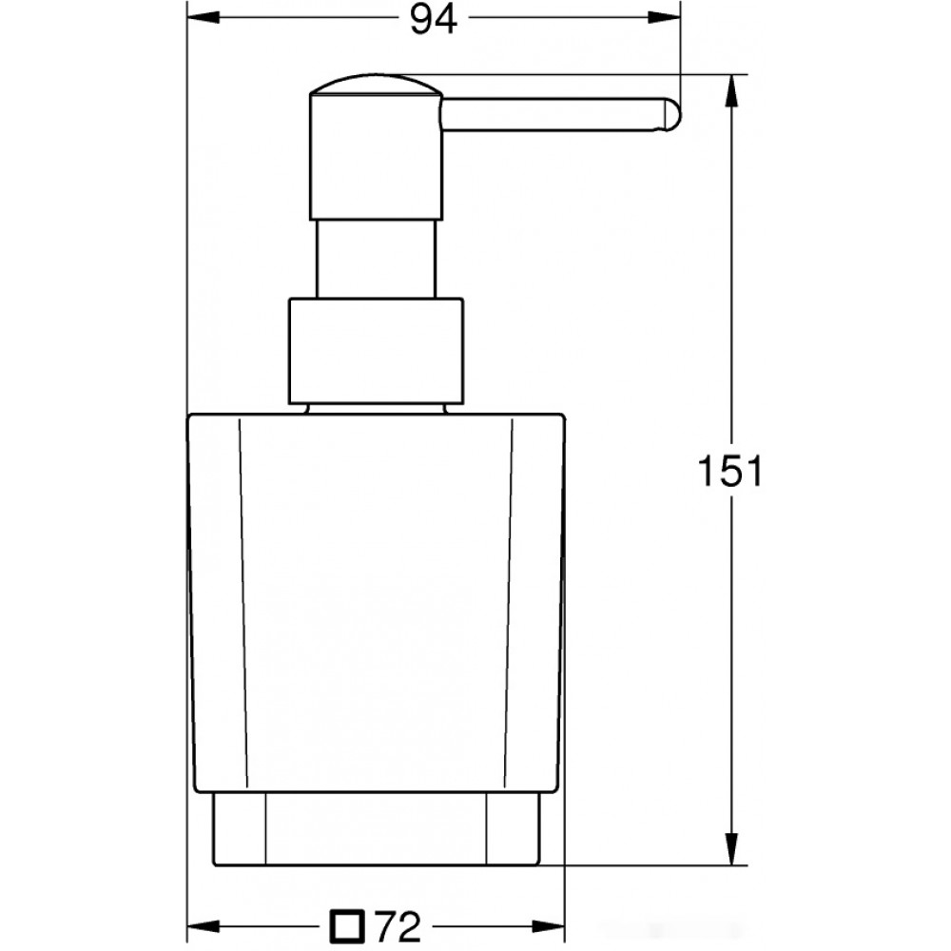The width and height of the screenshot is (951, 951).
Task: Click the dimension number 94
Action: [x=434, y=19]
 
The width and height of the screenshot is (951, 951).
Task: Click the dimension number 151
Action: [x=729, y=471]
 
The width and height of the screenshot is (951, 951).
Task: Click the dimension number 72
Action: [x=398, y=926]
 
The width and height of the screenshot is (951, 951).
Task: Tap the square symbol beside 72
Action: [x=347, y=926]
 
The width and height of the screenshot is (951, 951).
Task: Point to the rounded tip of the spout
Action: [x=673, y=115]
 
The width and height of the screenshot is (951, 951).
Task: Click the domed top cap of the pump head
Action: [x=376, y=86]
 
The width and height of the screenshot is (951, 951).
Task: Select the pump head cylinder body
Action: [x=376, y=157]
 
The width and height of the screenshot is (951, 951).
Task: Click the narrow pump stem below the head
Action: [x=376, y=259]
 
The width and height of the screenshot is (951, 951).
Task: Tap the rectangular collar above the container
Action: [x=376, y=351]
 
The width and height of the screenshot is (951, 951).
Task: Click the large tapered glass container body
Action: [x=376, y=603]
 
